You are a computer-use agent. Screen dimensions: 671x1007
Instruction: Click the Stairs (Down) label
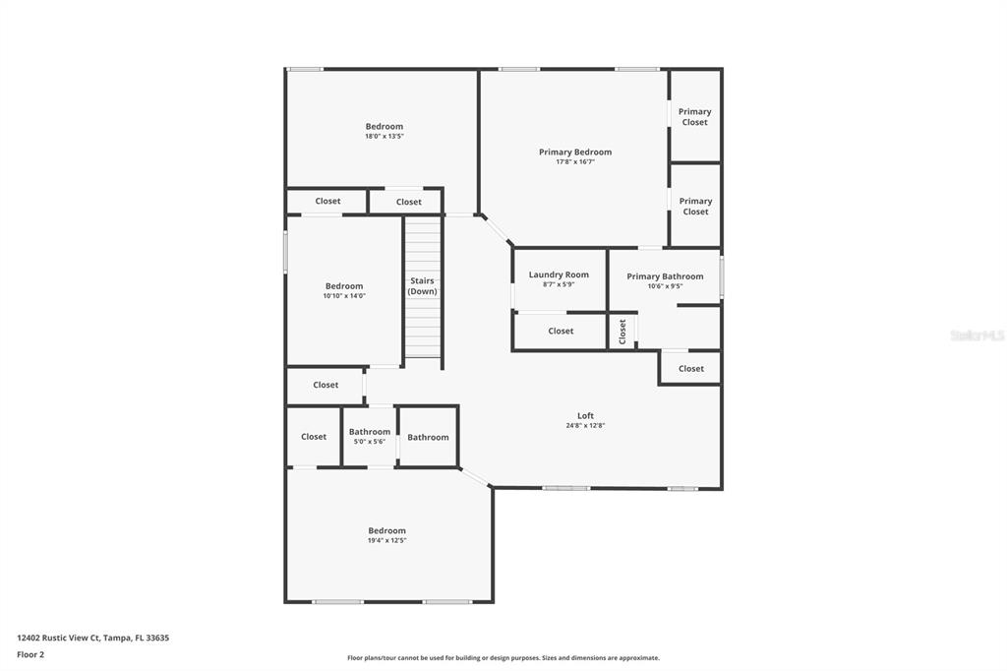pyautogui.click(x=423, y=285)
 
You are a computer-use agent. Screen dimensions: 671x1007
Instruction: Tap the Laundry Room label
pyautogui.click(x=559, y=274)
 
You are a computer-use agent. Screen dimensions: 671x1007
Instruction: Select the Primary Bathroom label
pyautogui.click(x=665, y=276)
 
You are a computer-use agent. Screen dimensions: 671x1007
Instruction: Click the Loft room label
pyautogui.click(x=585, y=415)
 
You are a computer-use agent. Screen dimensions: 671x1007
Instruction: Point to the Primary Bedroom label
pyautogui.click(x=575, y=152)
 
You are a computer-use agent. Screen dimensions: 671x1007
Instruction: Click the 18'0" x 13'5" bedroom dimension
pyautogui.click(x=384, y=137)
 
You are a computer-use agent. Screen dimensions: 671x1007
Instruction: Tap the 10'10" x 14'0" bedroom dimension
pyautogui.click(x=344, y=296)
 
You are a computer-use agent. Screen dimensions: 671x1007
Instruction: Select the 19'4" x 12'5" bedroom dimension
pyautogui.click(x=386, y=541)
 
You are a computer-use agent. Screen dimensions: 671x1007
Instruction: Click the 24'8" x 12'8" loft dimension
pyautogui.click(x=585, y=426)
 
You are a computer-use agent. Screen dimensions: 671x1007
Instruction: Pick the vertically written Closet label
pyautogui.click(x=622, y=332)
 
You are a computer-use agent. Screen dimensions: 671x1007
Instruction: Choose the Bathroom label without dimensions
pyautogui.click(x=428, y=437)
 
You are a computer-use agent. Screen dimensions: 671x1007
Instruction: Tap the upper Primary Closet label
pyautogui.click(x=694, y=116)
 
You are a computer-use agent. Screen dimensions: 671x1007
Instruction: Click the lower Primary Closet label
pyautogui.click(x=695, y=206)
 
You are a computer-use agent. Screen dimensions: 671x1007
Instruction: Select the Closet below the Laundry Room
pyautogui.click(x=561, y=331)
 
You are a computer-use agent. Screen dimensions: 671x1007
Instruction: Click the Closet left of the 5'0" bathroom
pyautogui.click(x=314, y=437)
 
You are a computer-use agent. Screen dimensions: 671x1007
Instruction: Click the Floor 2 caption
pyautogui.click(x=30, y=654)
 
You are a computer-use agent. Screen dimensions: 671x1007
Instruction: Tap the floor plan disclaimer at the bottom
pyautogui.click(x=503, y=658)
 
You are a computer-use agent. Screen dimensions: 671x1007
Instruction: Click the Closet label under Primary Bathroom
pyautogui.click(x=691, y=368)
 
